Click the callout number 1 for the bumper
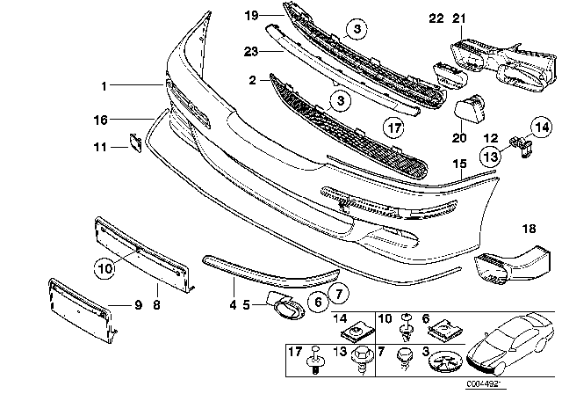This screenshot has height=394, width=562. pyautogui.click(x=103, y=86)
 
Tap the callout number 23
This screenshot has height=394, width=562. pyautogui.click(x=249, y=50)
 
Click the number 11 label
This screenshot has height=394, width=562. pyautogui.click(x=103, y=147)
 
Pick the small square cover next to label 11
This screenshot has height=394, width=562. pyautogui.click(x=135, y=141)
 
